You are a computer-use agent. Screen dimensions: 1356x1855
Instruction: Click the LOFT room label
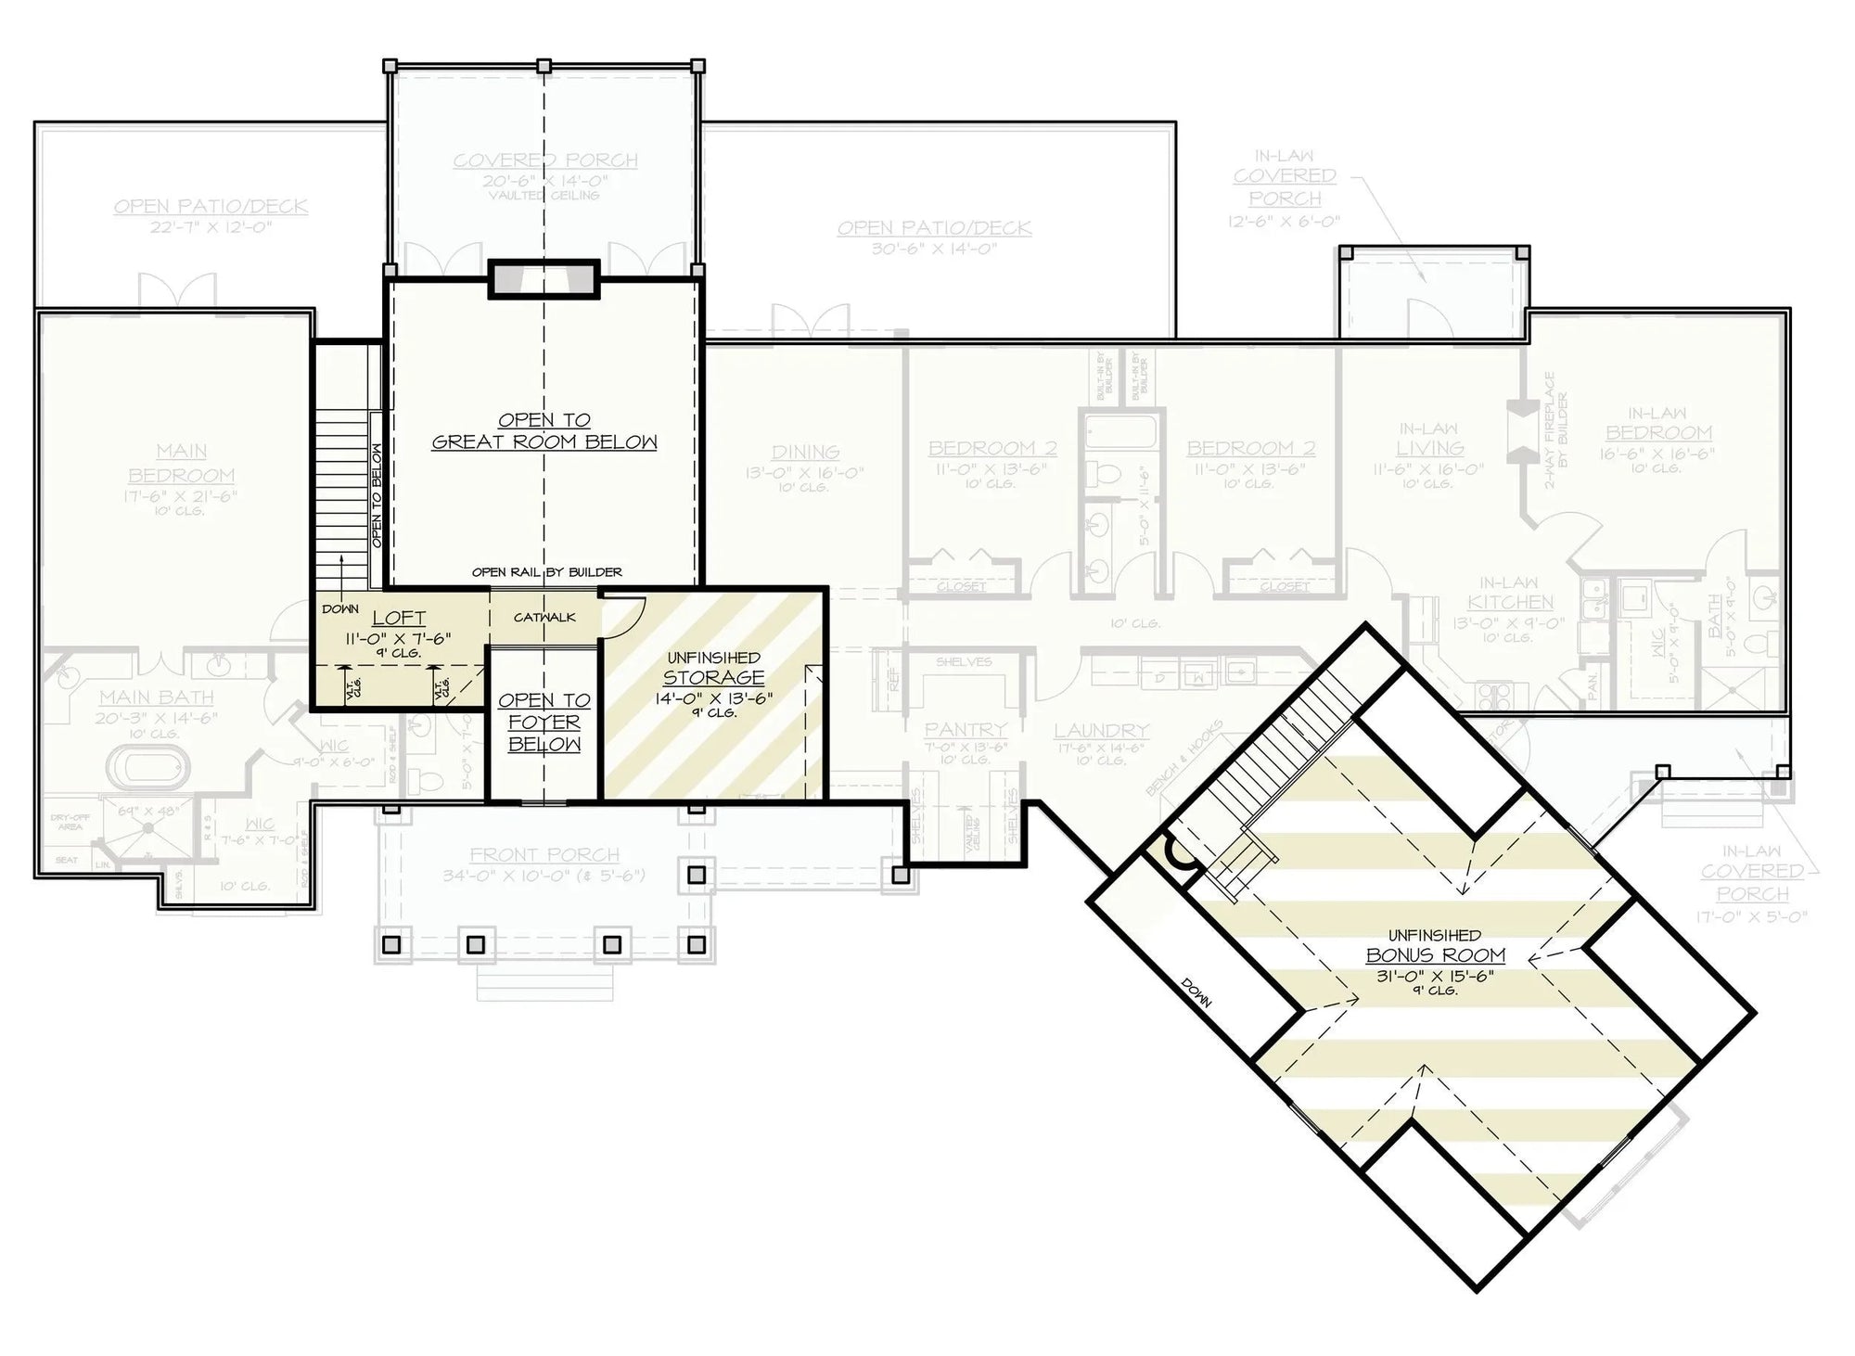pos(399,618)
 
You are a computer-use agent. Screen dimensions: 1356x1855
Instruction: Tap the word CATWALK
pos(544,618)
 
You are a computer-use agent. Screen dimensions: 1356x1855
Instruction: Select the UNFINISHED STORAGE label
pos(713,669)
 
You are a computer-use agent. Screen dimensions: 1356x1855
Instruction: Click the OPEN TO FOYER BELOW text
pos(544,723)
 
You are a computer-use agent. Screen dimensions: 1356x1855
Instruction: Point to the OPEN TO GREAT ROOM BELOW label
pos(544,431)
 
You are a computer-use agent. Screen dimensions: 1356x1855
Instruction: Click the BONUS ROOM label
pos(1435,955)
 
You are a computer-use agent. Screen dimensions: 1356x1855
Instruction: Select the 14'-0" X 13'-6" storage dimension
pos(713,698)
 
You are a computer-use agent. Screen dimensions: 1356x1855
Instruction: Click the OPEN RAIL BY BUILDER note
pos(546,572)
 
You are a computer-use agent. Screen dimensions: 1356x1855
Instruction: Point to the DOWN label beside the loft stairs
pos(340,609)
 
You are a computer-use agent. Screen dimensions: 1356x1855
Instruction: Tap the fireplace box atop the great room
pos(544,279)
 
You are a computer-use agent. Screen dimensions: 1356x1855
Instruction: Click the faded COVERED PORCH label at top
pos(545,160)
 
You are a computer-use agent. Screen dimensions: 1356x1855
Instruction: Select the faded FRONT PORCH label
pos(544,855)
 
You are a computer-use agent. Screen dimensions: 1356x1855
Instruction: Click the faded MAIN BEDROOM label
pos(182,464)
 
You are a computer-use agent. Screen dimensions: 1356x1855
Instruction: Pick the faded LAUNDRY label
pos(1101,732)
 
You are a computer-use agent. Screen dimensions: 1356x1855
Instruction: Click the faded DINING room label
pos(805,452)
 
